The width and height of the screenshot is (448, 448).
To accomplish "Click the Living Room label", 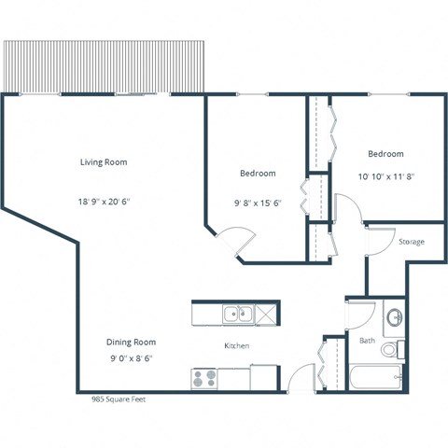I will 103,161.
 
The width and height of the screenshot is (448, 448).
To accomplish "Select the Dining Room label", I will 130,342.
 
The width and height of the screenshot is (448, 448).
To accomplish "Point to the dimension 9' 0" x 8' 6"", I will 130,357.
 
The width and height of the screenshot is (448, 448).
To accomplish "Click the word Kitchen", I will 237,346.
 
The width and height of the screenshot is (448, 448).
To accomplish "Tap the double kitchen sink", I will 237,315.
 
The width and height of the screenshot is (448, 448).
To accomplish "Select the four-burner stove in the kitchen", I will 204,378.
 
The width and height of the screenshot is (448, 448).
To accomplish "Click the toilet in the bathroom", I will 399,350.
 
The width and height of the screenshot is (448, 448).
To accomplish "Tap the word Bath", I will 367,341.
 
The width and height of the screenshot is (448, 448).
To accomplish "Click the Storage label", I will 412,242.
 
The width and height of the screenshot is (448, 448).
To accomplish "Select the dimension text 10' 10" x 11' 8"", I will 385,175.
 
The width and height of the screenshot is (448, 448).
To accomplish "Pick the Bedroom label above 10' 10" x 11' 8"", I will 385,154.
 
